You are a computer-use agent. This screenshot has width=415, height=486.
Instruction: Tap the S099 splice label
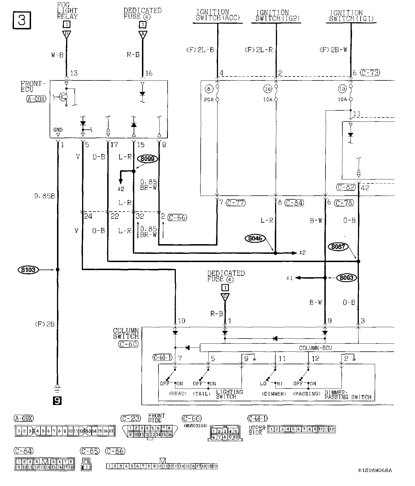(x=147, y=159)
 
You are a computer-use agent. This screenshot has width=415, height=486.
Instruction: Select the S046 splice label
(x=255, y=238)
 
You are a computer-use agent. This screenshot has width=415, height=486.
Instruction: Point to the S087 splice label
(x=338, y=247)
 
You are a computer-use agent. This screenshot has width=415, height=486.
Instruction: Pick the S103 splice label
(x=28, y=270)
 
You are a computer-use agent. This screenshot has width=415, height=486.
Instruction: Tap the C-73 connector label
(x=370, y=73)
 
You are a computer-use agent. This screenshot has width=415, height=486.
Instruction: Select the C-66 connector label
(x=177, y=218)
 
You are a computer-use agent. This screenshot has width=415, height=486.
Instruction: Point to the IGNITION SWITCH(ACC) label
(x=217, y=15)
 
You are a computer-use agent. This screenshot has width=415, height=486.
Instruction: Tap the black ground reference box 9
(x=57, y=401)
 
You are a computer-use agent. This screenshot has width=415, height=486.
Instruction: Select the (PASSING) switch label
(x=307, y=394)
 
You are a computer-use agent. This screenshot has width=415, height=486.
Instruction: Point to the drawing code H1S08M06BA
(x=375, y=470)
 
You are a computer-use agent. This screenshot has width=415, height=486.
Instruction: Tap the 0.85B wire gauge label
(x=44, y=196)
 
